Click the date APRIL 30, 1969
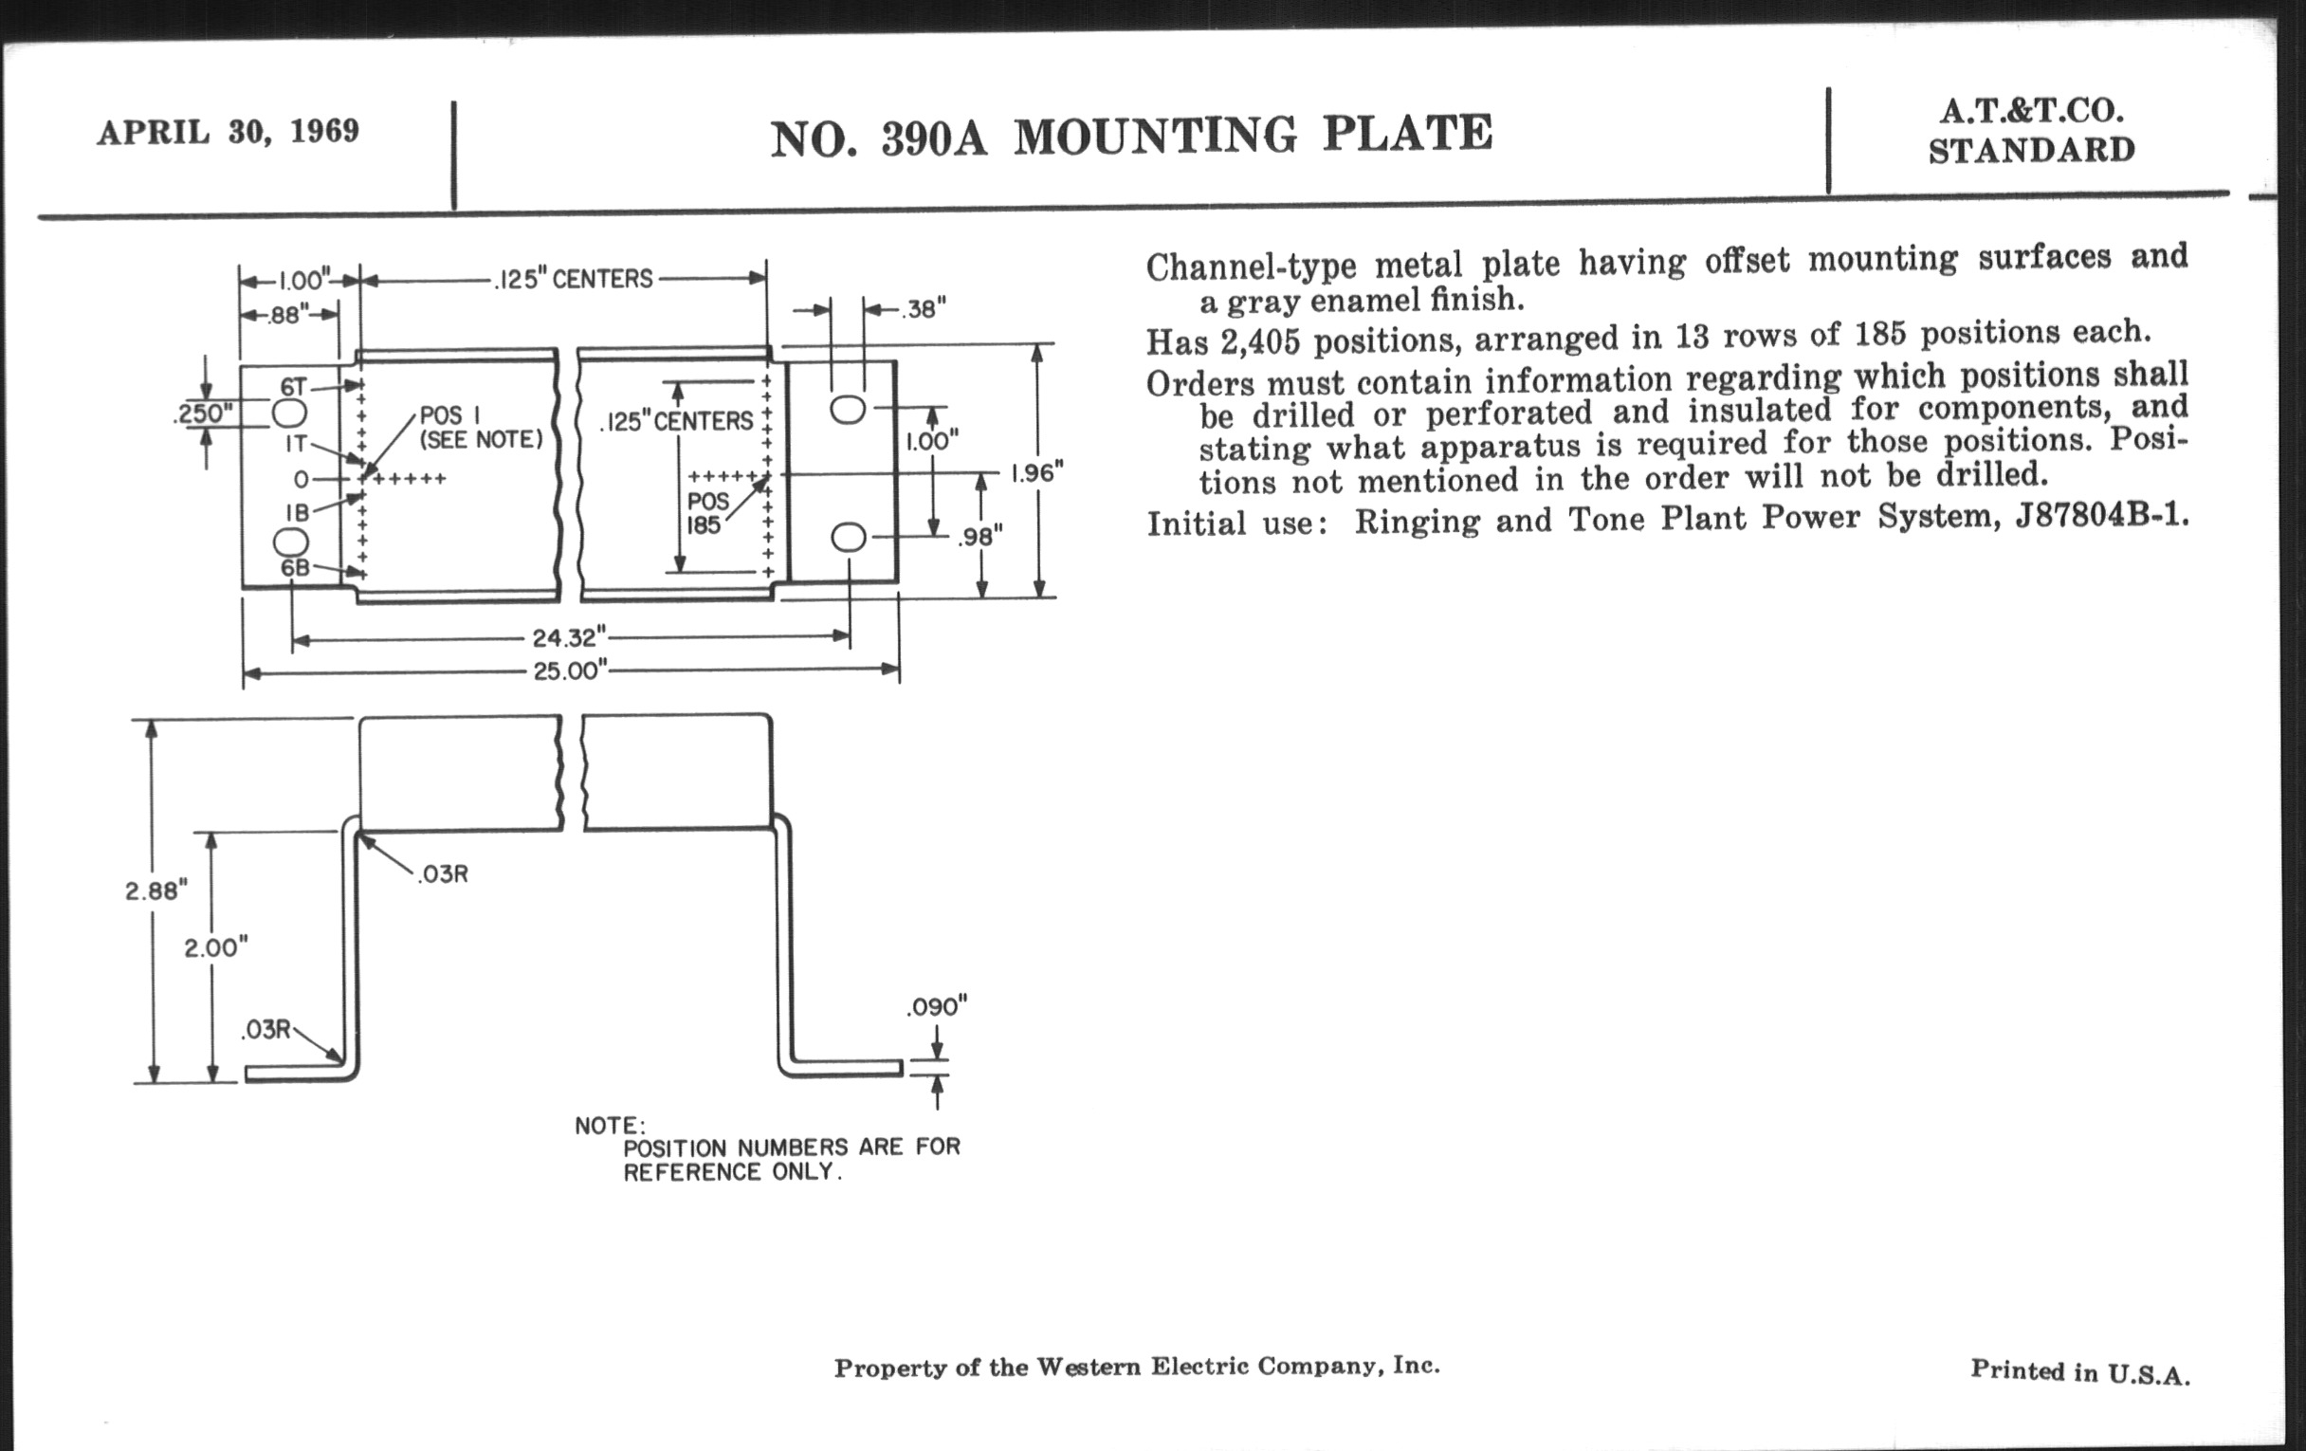tap(228, 131)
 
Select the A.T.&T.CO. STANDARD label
tap(2031, 131)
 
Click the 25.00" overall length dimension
tap(570, 670)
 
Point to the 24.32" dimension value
tap(569, 637)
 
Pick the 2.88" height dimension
tap(156, 891)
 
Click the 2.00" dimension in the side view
tap(215, 947)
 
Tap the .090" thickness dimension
tap(937, 1006)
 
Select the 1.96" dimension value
tap(1037, 473)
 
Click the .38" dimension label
tap(924, 308)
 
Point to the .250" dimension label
tap(204, 413)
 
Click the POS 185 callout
tap(706, 513)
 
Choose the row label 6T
tap(293, 387)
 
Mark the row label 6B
tap(295, 568)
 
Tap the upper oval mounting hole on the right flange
tap(848, 409)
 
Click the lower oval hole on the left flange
tap(290, 542)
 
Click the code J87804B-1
tap(2101, 516)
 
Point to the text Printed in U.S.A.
tap(2080, 1371)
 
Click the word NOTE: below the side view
tap(610, 1126)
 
